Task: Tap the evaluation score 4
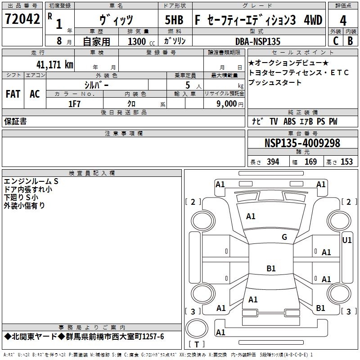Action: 343,20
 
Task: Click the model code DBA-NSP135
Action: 258,41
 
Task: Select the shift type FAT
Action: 13,94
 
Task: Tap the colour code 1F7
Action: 74,104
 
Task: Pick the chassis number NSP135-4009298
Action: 302,143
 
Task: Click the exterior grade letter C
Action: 335,41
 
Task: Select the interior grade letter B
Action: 350,41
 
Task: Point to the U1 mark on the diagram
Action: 347,240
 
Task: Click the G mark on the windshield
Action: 284,237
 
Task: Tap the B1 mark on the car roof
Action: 271,268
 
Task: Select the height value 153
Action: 346,162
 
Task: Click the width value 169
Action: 310,162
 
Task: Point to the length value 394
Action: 273,162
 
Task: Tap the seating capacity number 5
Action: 187,85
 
